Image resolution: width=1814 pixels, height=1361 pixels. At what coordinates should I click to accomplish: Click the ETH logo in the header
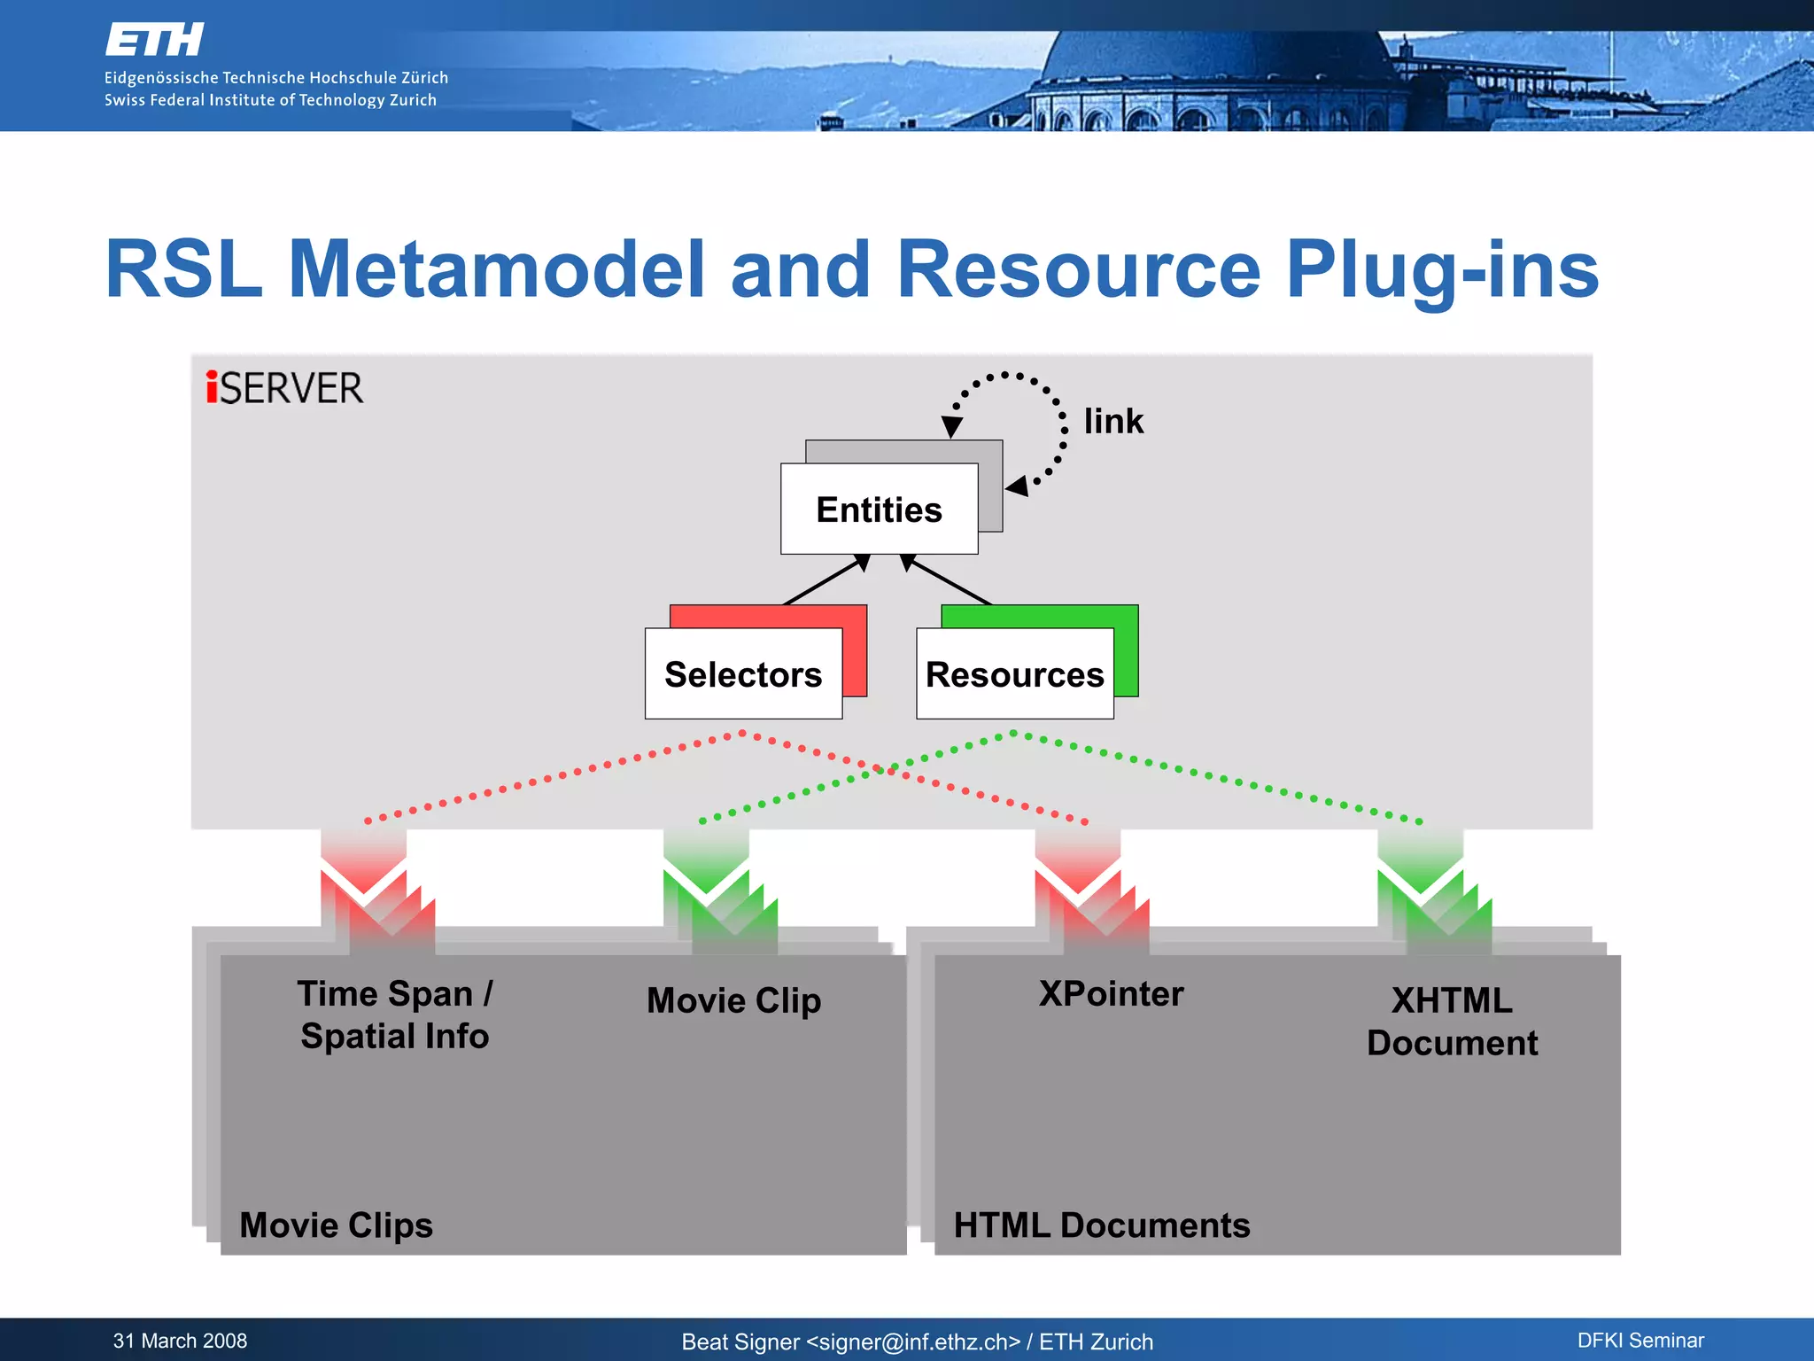pyautogui.click(x=154, y=40)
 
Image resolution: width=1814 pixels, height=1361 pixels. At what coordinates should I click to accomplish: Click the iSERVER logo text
pyautogui.click(x=284, y=388)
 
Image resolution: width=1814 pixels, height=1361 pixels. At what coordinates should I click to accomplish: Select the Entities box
pyautogui.click(x=879, y=509)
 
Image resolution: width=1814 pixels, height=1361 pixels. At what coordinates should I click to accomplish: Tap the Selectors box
pyautogui.click(x=743, y=674)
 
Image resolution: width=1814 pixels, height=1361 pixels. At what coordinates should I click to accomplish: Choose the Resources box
pyautogui.click(x=1014, y=674)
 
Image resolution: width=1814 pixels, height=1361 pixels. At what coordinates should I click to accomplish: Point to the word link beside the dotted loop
pyautogui.click(x=1113, y=421)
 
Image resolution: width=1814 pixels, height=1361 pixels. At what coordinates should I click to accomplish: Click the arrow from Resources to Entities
pyautogui.click(x=946, y=580)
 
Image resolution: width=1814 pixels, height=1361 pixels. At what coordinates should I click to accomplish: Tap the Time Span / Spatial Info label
pyautogui.click(x=394, y=1015)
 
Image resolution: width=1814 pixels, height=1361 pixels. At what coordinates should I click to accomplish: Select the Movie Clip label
pyautogui.click(x=733, y=1000)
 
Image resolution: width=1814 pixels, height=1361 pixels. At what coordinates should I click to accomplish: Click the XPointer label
pyautogui.click(x=1111, y=993)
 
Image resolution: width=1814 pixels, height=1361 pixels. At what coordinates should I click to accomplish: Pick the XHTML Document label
pyautogui.click(x=1452, y=1022)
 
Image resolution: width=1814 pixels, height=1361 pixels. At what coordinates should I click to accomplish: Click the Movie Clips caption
pyautogui.click(x=336, y=1225)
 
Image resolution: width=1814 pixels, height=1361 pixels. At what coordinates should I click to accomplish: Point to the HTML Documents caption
pyautogui.click(x=1101, y=1225)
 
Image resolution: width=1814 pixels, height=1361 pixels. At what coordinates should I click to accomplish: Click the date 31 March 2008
pyautogui.click(x=180, y=1341)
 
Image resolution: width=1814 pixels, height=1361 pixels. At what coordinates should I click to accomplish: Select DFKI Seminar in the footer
pyautogui.click(x=1640, y=1341)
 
